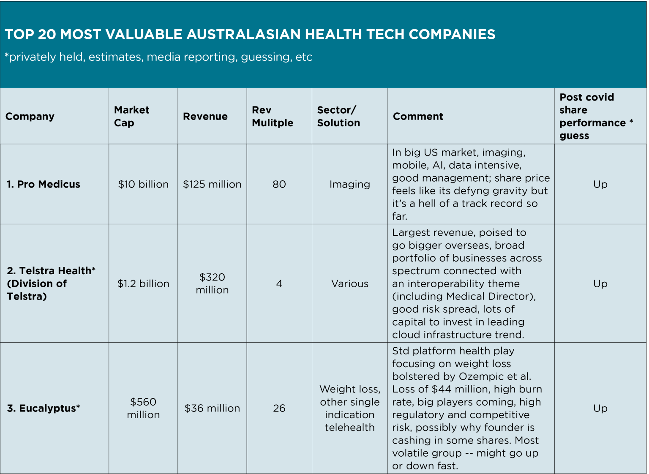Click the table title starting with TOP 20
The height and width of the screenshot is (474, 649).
click(250, 34)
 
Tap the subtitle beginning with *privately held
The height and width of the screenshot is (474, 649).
click(158, 57)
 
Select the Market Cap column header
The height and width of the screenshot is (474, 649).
click(131, 116)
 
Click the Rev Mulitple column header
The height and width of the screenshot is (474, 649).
click(272, 116)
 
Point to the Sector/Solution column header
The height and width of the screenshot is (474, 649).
click(338, 116)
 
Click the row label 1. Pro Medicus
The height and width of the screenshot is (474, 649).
click(44, 184)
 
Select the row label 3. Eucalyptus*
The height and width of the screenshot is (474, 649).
click(44, 408)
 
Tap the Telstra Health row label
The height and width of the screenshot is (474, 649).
click(51, 283)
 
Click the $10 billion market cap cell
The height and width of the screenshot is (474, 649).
click(143, 184)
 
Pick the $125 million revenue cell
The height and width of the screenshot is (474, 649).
click(212, 184)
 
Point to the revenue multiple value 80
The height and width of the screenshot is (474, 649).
click(279, 184)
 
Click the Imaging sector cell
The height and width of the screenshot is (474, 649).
click(349, 184)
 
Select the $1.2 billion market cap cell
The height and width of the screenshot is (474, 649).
click(143, 283)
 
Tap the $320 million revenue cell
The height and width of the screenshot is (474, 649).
click(212, 283)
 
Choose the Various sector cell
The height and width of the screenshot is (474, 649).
click(349, 283)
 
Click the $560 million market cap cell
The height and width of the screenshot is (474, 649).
click(143, 408)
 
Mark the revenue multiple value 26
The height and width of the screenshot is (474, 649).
click(279, 408)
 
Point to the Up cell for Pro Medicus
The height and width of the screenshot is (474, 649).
click(600, 184)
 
